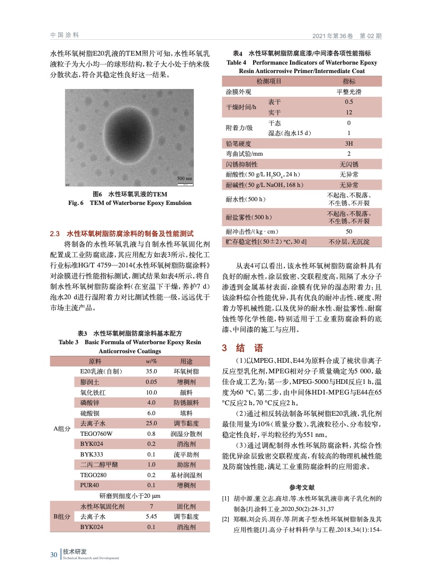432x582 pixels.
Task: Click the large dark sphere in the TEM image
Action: [129, 137]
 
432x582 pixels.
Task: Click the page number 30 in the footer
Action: [53, 554]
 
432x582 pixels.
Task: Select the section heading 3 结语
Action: [241, 348]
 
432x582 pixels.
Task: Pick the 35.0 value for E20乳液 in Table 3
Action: [152, 372]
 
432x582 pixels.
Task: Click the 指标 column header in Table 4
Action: [349, 82]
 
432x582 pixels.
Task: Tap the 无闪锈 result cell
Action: [349, 164]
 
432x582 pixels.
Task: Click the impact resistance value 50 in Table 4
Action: [349, 231]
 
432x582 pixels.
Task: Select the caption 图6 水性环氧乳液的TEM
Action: [130, 194]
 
